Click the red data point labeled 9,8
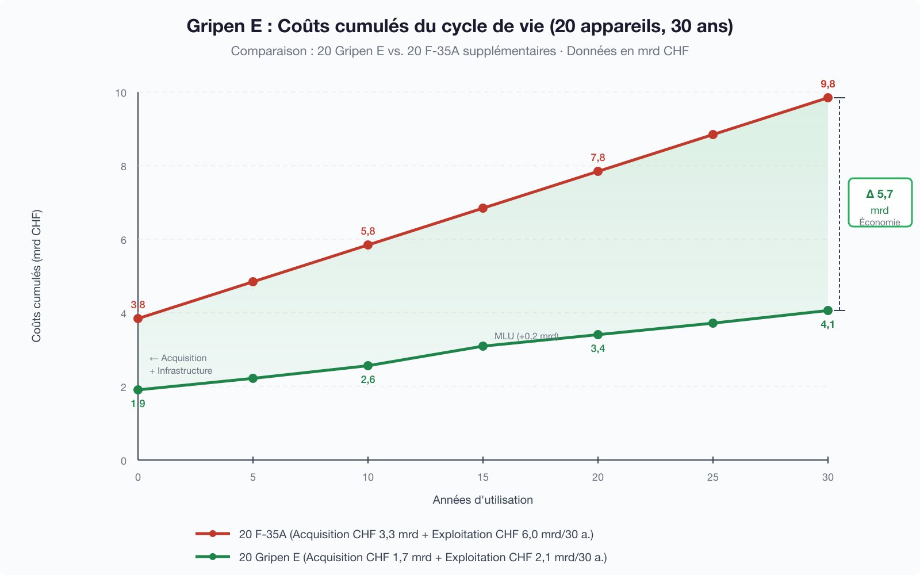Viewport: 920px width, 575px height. tap(827, 98)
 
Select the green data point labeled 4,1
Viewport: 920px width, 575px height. tap(827, 310)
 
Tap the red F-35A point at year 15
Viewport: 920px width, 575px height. tap(483, 208)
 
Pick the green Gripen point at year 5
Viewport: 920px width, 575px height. tap(253, 378)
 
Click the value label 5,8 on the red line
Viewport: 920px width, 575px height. tap(368, 231)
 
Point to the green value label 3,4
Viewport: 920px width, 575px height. tap(598, 348)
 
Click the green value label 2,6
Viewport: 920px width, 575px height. tap(368, 379)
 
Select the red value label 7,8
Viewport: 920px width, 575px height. tap(598, 158)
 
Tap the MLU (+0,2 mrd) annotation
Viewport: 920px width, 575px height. tap(526, 336)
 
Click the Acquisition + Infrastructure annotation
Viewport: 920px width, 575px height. tap(181, 365)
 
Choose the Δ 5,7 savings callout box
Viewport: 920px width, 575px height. tap(880, 202)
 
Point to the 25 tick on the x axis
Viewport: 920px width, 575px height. tap(713, 477)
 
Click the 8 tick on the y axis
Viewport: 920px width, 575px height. tap(124, 167)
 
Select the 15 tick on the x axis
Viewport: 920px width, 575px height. tap(483, 477)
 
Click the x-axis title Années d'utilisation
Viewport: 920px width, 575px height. tap(483, 500)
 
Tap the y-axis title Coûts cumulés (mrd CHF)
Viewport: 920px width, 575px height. tap(37, 276)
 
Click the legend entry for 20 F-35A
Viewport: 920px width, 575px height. tap(416, 534)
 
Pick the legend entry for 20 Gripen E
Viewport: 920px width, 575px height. tap(423, 557)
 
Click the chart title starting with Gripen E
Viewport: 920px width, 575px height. tap(460, 26)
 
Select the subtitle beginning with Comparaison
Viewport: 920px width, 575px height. tap(460, 51)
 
